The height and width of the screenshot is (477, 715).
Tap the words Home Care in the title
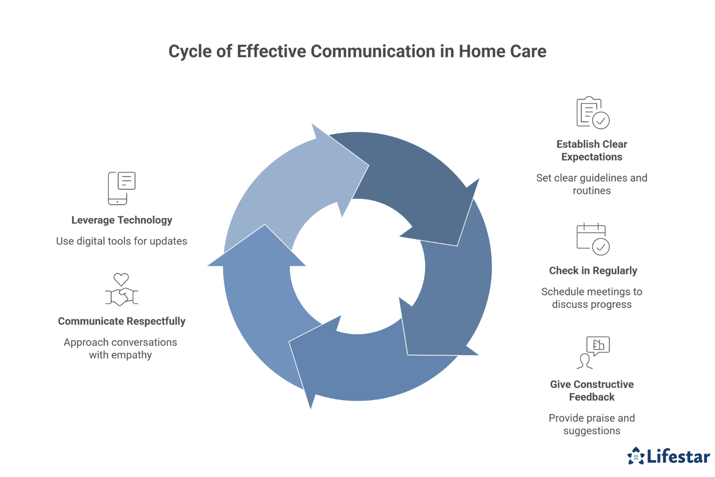point(502,52)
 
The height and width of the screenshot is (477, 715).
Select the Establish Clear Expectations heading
point(592,150)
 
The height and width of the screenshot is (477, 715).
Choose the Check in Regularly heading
point(593,271)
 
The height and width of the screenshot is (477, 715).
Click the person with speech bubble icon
point(593,353)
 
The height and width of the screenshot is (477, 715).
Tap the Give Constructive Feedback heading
point(592,390)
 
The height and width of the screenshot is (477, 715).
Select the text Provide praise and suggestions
point(592,424)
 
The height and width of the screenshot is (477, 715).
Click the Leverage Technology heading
point(121,220)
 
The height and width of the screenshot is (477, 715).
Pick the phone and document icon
point(121,188)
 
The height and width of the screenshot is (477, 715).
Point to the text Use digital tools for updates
point(121,241)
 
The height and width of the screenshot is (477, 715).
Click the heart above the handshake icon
point(121,279)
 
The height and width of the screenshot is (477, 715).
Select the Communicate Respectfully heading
point(121,321)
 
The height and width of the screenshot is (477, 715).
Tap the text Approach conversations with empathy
point(121,348)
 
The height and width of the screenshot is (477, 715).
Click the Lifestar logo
point(668,456)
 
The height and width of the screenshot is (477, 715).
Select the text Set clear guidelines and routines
point(592,184)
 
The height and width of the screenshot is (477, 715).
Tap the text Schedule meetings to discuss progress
point(592,298)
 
